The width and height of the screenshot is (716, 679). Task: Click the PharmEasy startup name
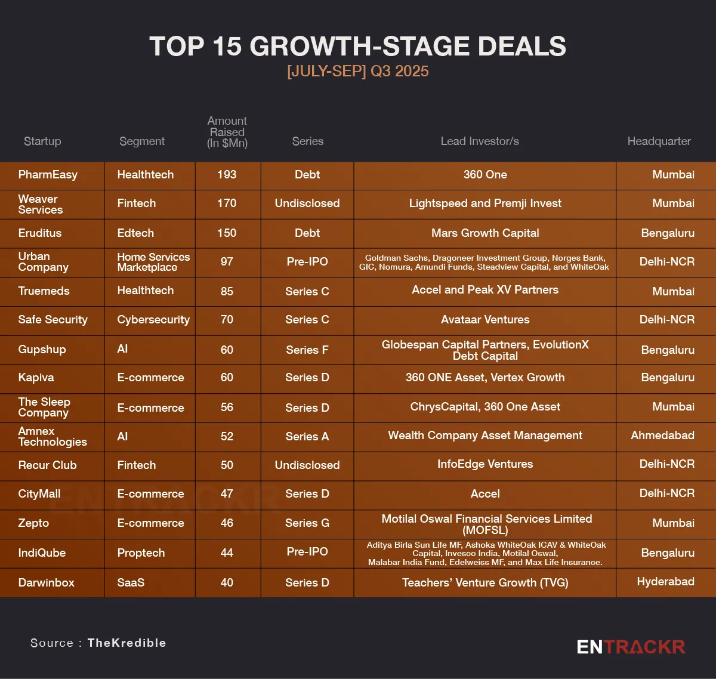point(48,175)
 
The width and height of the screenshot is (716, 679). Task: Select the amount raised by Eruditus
point(227,233)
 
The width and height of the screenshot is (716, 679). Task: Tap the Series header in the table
point(307,141)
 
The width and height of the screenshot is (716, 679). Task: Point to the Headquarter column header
point(659,141)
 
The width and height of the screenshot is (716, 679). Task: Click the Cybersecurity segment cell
point(153,320)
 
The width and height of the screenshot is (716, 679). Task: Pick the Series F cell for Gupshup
point(307,350)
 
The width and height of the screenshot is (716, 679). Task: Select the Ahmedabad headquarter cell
point(662,436)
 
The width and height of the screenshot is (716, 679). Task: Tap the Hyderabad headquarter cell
point(665,582)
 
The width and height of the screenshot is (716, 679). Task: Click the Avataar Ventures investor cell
point(485,320)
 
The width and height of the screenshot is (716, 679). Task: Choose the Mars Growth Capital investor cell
point(485,233)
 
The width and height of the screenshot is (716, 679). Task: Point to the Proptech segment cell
point(141,553)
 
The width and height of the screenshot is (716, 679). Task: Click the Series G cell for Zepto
point(307,523)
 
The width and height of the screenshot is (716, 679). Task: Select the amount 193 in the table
point(227,175)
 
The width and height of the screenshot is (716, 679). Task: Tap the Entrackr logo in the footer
point(631,647)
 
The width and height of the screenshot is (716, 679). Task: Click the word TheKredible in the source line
point(126,643)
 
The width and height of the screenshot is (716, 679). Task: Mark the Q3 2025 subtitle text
point(358,71)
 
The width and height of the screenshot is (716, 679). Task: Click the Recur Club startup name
point(48,465)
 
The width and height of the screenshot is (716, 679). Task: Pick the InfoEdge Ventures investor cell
point(485,464)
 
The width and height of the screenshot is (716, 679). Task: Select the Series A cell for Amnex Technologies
point(307,436)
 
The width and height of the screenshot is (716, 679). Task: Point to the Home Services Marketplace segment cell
point(153,262)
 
